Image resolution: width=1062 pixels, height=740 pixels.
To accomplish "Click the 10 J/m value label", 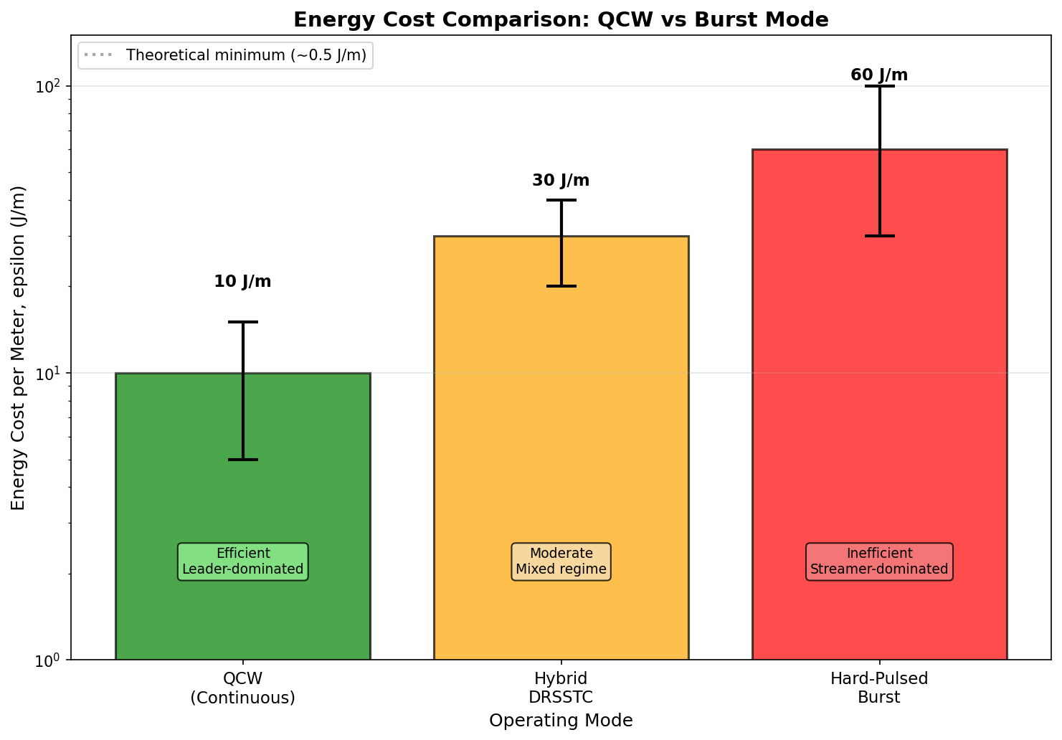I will coord(242,282).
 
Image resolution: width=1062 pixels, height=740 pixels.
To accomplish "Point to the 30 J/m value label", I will coord(561,181).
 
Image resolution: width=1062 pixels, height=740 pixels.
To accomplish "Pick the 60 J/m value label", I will coord(879,75).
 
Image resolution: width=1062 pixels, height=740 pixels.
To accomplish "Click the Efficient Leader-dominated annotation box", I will coord(242,561).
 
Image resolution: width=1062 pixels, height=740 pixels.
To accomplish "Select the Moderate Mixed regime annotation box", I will coord(561,561).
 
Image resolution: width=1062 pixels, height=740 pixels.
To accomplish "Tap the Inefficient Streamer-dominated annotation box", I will coord(879,561).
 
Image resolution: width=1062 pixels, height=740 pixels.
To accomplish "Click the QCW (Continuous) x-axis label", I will coord(242,688).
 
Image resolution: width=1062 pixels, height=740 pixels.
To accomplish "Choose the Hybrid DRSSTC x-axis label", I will coord(561,688).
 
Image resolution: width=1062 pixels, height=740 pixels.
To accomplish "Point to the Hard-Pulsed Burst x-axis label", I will coord(879,688).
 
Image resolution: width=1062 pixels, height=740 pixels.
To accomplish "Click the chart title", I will coord(561,20).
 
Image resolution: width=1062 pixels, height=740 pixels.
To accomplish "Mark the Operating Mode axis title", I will coord(561,721).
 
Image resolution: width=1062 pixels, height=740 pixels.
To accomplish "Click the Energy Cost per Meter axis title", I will coord(19,348).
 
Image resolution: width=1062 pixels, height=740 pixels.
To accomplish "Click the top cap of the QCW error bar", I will coord(242,322).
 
